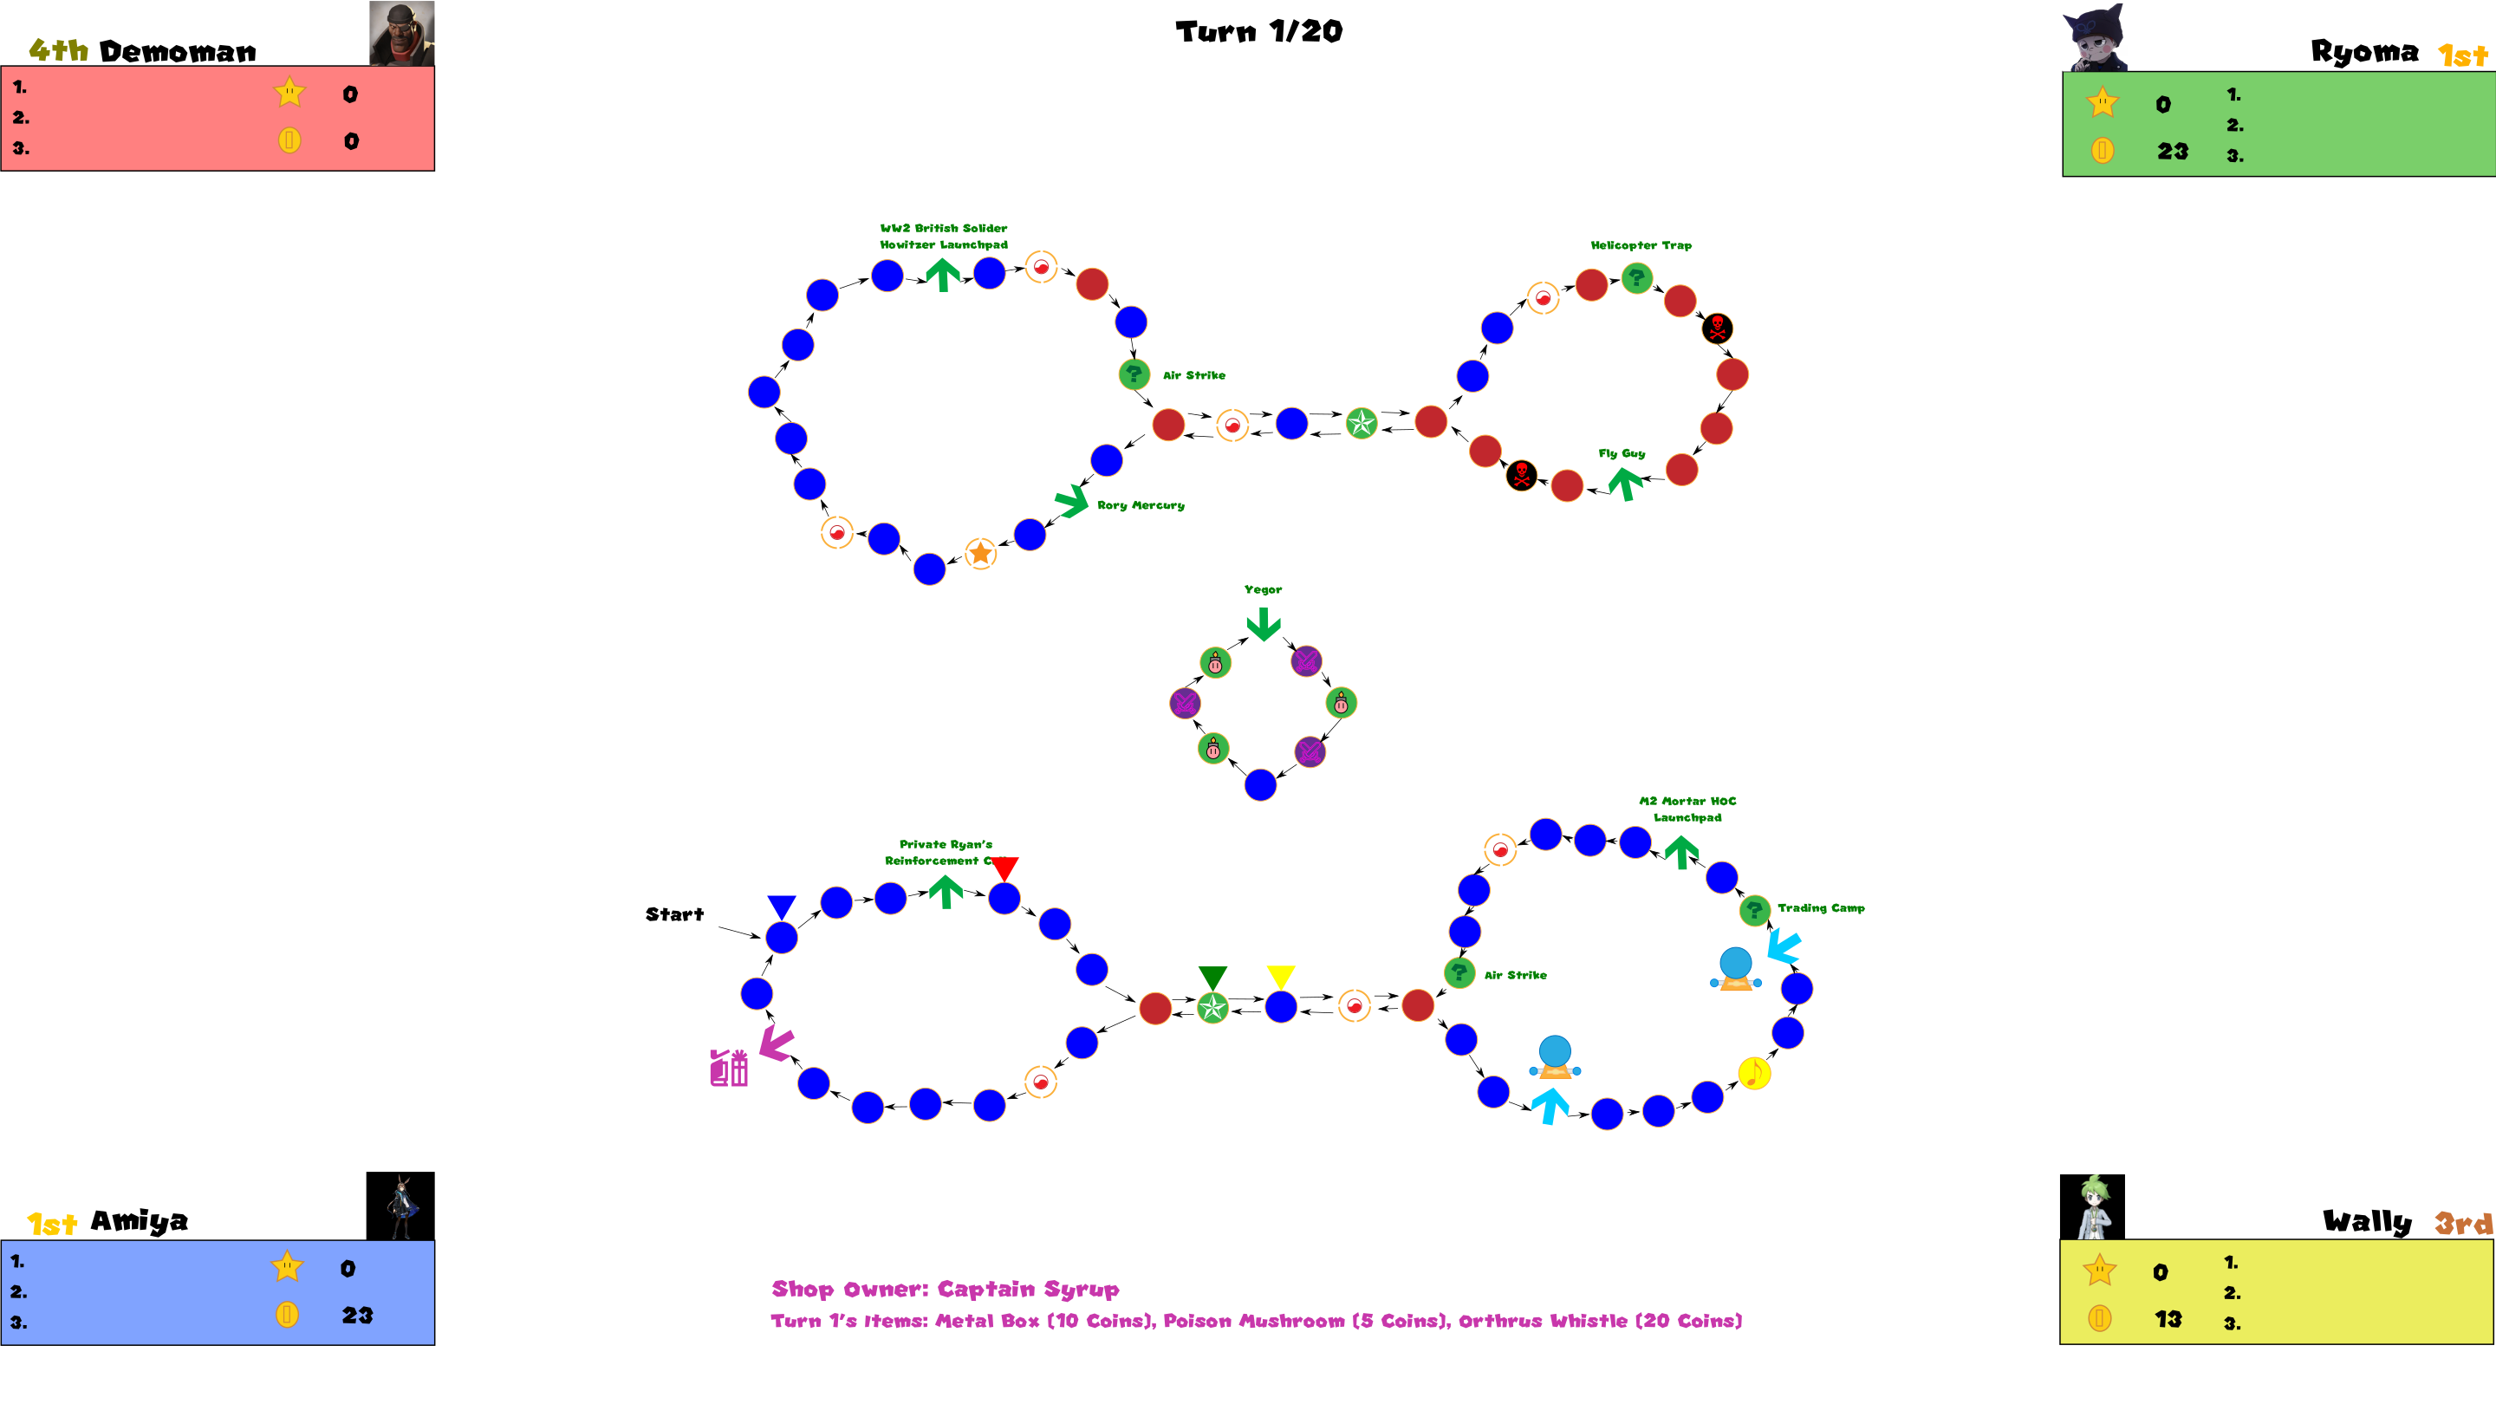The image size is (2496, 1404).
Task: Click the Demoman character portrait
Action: click(401, 33)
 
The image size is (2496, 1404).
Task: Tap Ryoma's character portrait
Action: click(2095, 36)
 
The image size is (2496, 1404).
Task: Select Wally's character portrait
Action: click(2091, 1206)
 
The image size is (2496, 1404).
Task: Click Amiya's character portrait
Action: click(400, 1206)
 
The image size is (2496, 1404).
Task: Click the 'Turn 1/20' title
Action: click(1258, 32)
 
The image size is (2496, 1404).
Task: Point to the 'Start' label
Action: click(674, 913)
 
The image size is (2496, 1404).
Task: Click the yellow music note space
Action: click(1754, 1073)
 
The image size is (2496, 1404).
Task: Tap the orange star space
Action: click(979, 553)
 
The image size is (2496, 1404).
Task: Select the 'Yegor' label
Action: click(1263, 589)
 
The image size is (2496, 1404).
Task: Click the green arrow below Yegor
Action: click(1263, 624)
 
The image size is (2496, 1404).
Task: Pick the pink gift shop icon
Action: click(729, 1068)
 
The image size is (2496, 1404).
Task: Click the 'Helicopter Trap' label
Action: click(1641, 245)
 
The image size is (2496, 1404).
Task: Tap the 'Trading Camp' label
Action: click(1821, 908)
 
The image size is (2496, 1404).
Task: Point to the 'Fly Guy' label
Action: click(1621, 452)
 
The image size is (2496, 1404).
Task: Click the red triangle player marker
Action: click(1004, 868)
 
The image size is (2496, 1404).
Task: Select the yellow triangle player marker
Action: click(1280, 976)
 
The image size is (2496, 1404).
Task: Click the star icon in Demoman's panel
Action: click(289, 93)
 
